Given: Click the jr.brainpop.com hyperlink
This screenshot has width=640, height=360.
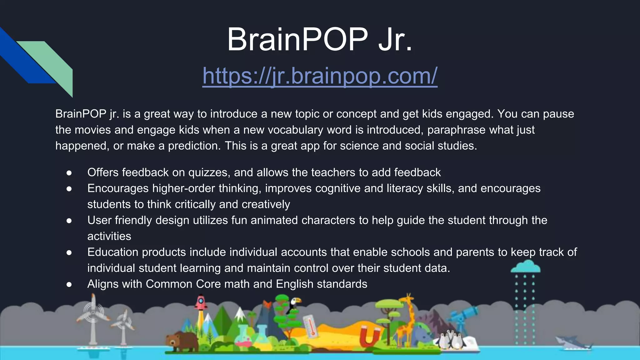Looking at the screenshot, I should click(x=320, y=76).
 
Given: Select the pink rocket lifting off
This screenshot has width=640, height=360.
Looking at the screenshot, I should click(x=201, y=302).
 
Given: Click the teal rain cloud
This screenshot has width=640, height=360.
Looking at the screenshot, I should click(x=525, y=267).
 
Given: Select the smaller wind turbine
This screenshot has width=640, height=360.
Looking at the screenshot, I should click(x=123, y=325).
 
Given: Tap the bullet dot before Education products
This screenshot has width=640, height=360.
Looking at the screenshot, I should click(x=69, y=252).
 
